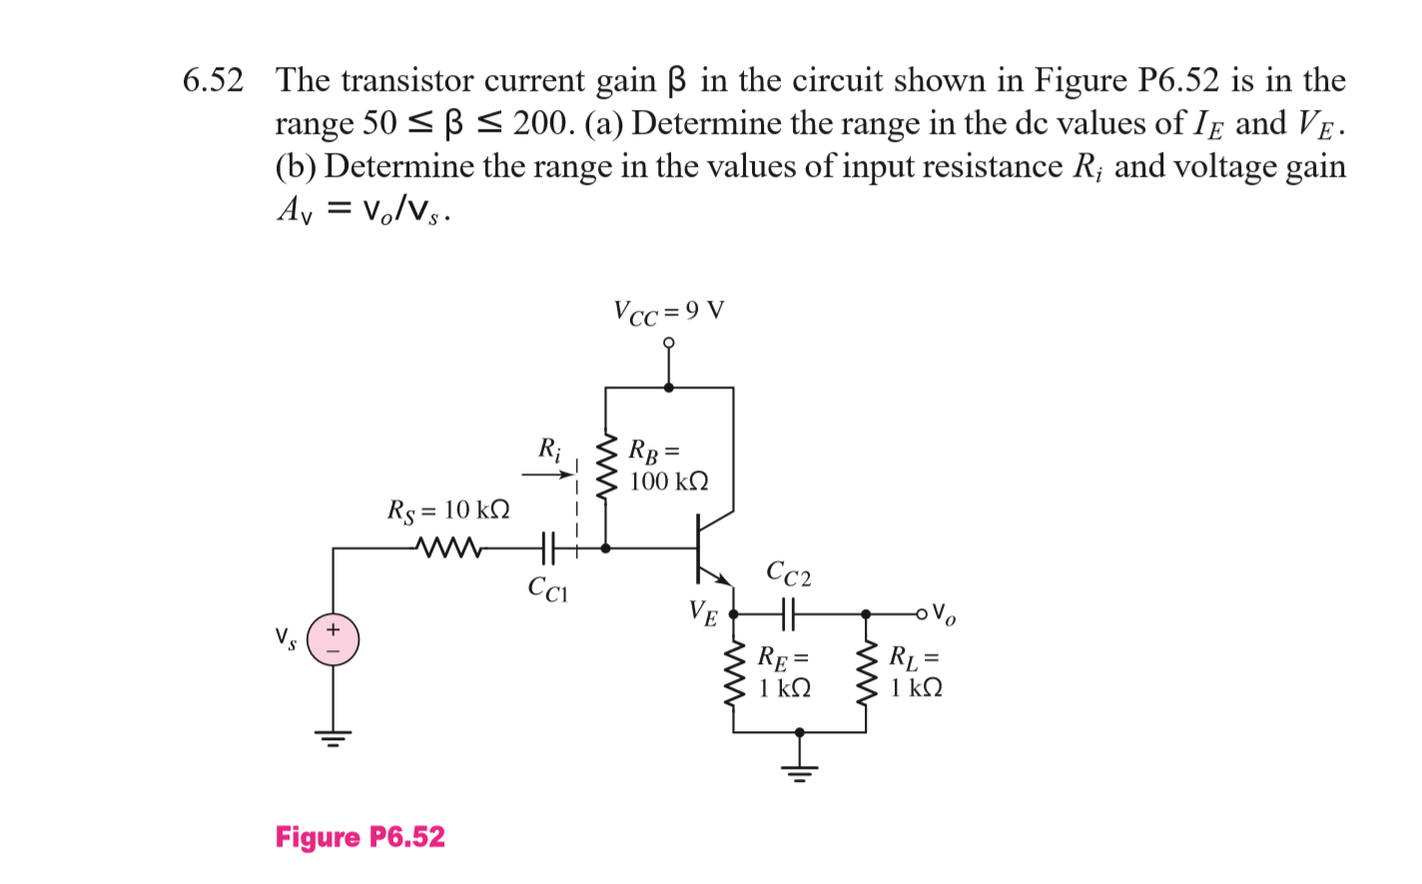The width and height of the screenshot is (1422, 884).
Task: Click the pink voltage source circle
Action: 333,639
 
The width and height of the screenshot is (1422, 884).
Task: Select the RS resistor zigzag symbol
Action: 448,547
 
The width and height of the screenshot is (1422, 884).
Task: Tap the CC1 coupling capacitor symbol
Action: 546,547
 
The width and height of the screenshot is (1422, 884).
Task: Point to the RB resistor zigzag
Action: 606,466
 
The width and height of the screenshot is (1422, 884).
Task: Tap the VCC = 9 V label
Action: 668,313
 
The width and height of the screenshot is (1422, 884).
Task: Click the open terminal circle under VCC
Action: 669,343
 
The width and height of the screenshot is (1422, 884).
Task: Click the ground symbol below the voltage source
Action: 333,740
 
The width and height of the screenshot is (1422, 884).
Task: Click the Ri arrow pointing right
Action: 546,474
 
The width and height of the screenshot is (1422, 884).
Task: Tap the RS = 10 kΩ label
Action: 448,510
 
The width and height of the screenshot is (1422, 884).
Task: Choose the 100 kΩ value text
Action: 669,481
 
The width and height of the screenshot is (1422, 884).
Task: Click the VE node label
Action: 703,612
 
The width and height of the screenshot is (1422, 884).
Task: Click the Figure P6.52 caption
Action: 359,837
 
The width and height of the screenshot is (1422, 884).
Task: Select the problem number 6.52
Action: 213,81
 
